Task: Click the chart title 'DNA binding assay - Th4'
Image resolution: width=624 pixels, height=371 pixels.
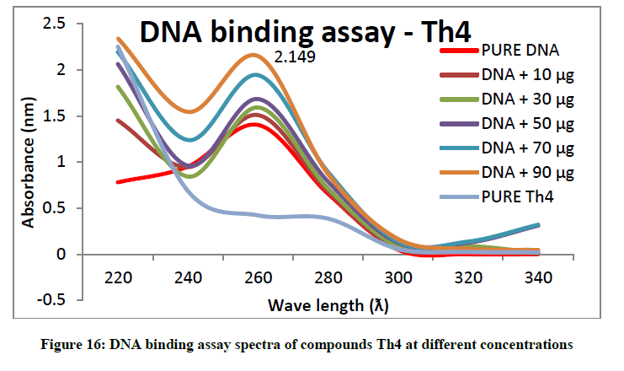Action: point(305,32)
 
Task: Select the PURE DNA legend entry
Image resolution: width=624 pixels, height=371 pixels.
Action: point(500,51)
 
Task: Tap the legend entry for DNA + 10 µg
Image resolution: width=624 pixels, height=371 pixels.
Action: point(507,75)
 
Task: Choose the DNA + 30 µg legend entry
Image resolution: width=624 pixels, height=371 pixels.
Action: point(507,99)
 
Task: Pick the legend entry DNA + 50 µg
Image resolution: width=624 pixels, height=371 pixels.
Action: point(507,124)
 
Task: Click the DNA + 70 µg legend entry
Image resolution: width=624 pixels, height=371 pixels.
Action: point(507,148)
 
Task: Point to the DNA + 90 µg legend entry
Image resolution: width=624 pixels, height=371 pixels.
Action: point(507,173)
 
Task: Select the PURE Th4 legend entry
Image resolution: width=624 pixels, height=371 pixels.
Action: point(497,196)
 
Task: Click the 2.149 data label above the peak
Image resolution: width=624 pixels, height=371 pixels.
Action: point(295,57)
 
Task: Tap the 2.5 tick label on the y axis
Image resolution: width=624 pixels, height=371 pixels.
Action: point(54,24)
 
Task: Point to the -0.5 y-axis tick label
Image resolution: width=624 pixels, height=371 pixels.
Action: point(51,299)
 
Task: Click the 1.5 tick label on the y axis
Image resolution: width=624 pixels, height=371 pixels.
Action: point(55,116)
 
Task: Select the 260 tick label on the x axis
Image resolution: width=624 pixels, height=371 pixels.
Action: point(258,277)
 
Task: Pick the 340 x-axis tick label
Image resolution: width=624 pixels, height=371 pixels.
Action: point(538,277)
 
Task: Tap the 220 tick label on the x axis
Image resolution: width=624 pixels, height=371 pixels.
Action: point(118,277)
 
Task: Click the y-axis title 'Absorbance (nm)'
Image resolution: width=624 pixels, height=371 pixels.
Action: point(29,162)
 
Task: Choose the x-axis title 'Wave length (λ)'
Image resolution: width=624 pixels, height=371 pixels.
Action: point(328,305)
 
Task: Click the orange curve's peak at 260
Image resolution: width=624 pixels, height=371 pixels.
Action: point(254,55)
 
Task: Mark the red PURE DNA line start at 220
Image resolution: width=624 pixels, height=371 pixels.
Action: point(118,182)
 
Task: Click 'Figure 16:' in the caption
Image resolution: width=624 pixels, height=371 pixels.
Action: point(72,344)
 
